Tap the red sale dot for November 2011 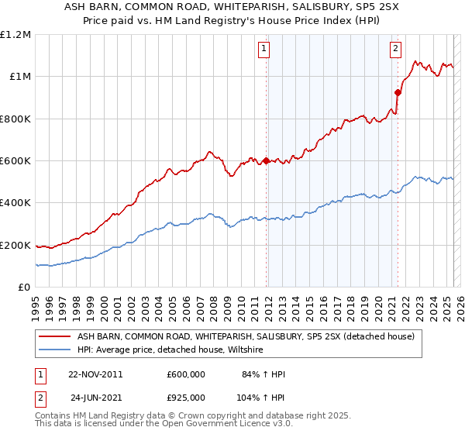coord(267,161)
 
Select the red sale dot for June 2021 coord(398,92)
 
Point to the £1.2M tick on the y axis coord(15,34)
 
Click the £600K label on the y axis coord(15,160)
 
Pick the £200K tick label coord(15,245)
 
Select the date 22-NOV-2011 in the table coord(95,374)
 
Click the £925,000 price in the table coord(186,398)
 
